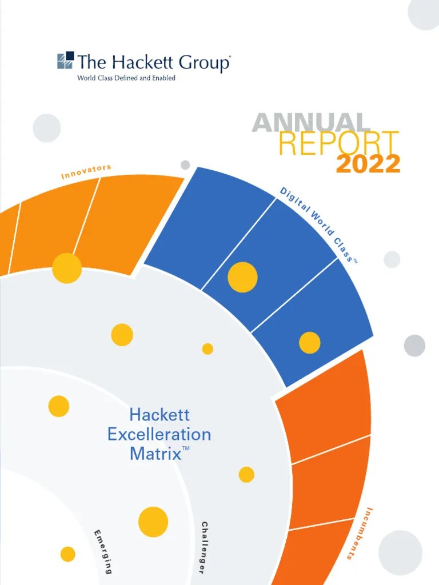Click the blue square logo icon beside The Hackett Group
point(65,61)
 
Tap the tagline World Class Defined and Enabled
point(126,78)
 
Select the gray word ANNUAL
point(310,123)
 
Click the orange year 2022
point(368,165)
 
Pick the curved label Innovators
point(86,171)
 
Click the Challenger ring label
point(210,548)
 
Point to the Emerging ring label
point(103,552)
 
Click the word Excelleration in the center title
point(159,435)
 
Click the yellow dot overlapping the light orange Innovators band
point(67,268)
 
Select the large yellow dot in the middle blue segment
point(242,277)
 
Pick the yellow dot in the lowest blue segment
point(310,342)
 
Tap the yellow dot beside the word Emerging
point(67,554)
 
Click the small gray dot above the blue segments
point(185,165)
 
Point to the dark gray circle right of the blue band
point(414,346)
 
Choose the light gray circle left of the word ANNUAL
point(47,128)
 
